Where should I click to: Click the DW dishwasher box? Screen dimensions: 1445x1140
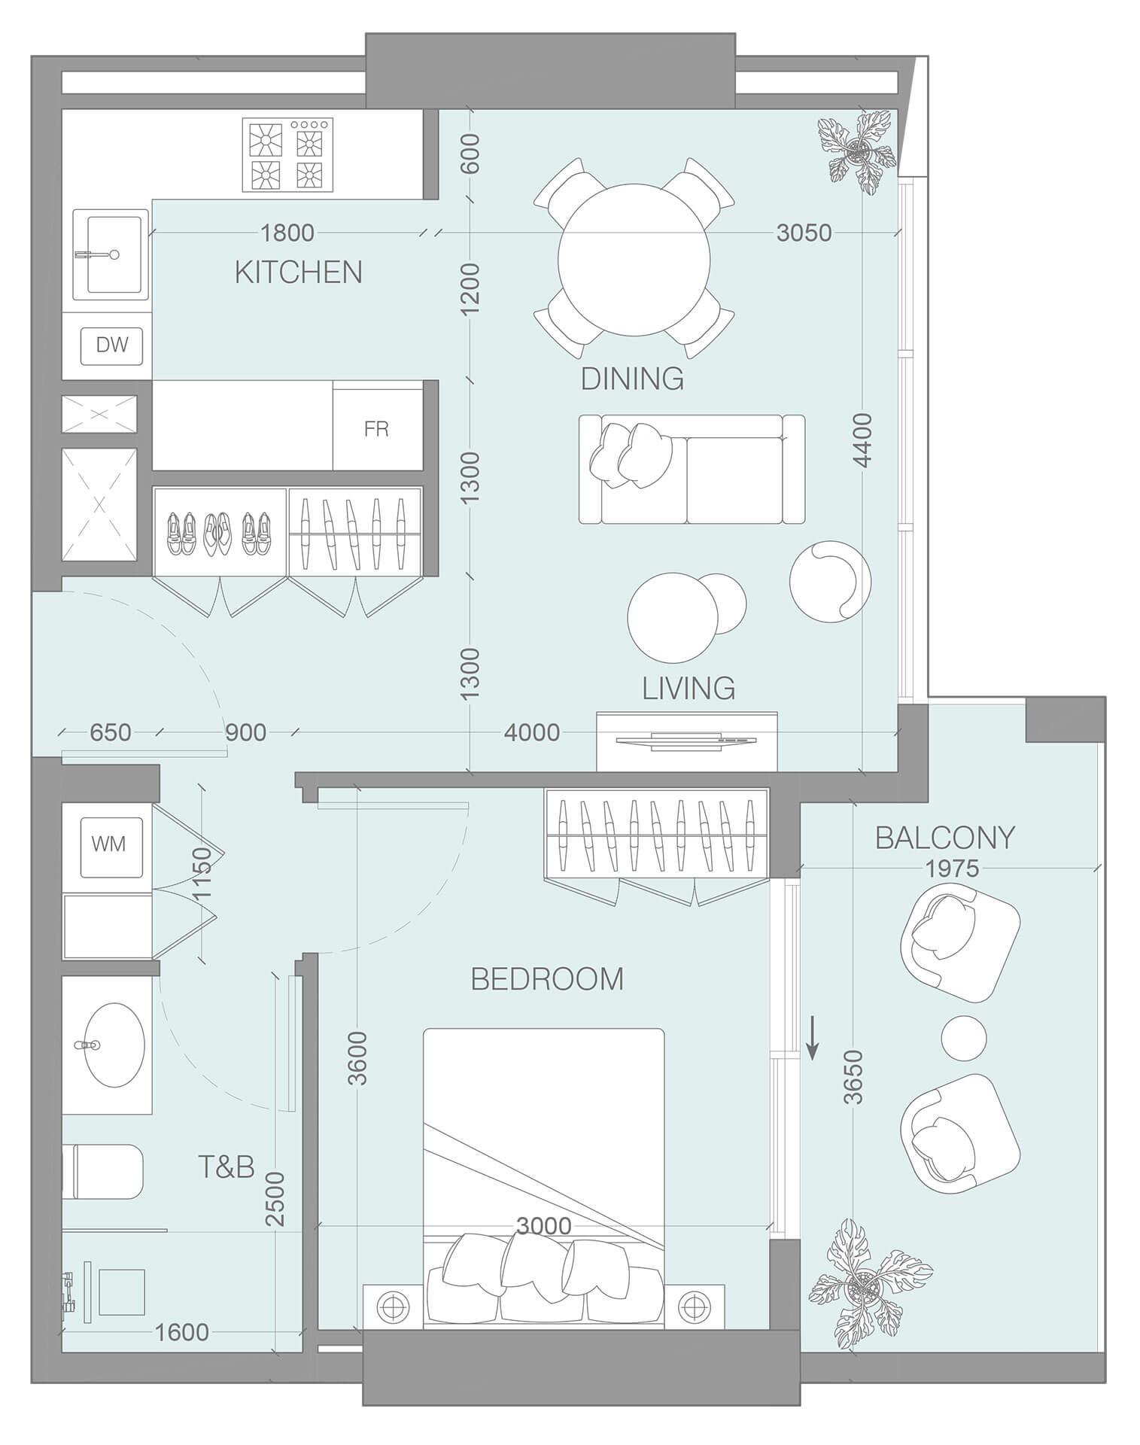[x=112, y=345]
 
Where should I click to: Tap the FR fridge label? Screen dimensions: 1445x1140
[x=376, y=429]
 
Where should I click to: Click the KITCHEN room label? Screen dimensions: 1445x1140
[x=299, y=272]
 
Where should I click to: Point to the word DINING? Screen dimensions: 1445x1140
[x=632, y=379]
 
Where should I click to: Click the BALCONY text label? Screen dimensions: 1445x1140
[x=944, y=838]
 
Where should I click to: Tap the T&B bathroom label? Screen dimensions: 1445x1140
[x=226, y=1167]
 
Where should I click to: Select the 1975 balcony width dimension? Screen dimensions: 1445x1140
[x=952, y=869]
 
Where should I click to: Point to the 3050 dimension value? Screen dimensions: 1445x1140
[x=804, y=233]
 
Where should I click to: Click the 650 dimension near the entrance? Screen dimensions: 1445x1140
[x=110, y=732]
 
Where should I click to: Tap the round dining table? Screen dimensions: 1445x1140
[x=634, y=260]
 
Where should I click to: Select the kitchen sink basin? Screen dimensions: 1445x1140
[x=114, y=254]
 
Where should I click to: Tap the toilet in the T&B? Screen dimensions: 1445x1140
[x=105, y=1172]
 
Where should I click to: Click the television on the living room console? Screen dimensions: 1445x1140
[x=686, y=741]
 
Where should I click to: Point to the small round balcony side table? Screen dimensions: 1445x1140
[x=963, y=1038]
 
